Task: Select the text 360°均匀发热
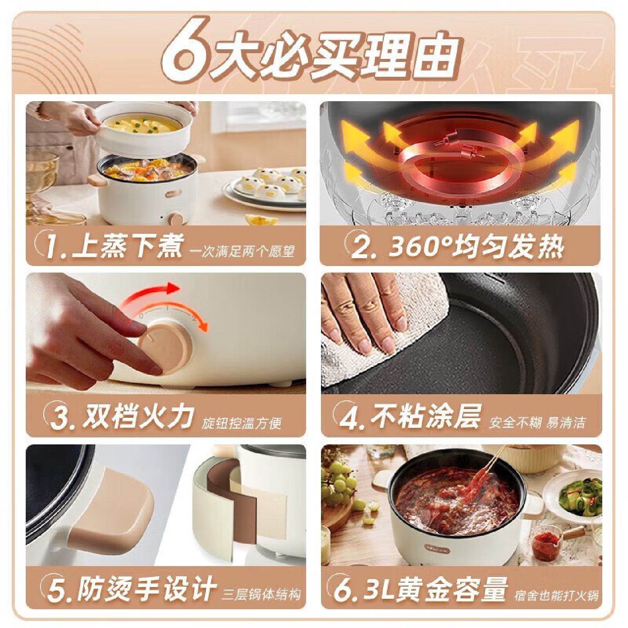pyautogui.click(x=475, y=247)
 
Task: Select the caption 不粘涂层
pyautogui.click(x=425, y=416)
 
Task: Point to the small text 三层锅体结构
pyautogui.click(x=262, y=594)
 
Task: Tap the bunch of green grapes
pyautogui.click(x=342, y=484)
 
